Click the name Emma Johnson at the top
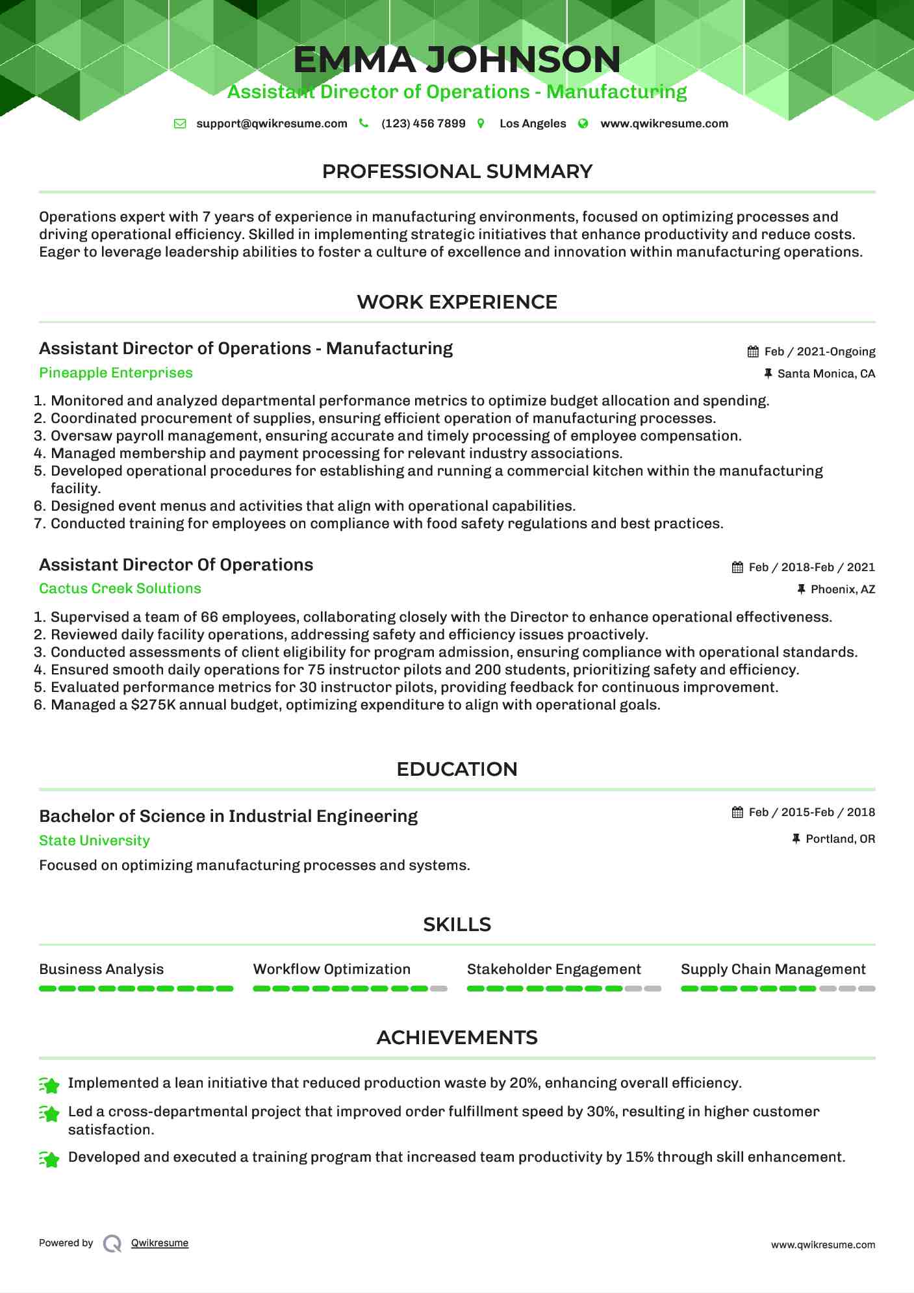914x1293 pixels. pyautogui.click(x=457, y=60)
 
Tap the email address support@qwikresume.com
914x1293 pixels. pyautogui.click(x=272, y=123)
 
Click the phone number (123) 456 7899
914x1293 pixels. pyautogui.click(x=423, y=123)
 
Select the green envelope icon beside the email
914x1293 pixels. pyautogui.click(x=180, y=123)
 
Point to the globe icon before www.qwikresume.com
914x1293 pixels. pyautogui.click(x=583, y=123)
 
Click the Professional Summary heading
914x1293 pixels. pyautogui.click(x=457, y=172)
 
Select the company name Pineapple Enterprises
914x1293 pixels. pyautogui.click(x=116, y=373)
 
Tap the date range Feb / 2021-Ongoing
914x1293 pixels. pyautogui.click(x=819, y=352)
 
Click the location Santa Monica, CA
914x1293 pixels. pyautogui.click(x=826, y=374)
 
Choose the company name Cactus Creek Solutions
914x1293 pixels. pyautogui.click(x=120, y=589)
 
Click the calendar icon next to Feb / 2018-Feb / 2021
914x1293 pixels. pyautogui.click(x=737, y=567)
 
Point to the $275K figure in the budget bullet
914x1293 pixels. pyautogui.click(x=153, y=705)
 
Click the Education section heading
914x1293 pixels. pyautogui.click(x=457, y=769)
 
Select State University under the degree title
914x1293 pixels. pyautogui.click(x=94, y=841)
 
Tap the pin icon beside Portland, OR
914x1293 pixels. pyautogui.click(x=796, y=839)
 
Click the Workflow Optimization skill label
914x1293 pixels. pyautogui.click(x=331, y=969)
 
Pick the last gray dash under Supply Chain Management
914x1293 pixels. pyautogui.click(x=867, y=988)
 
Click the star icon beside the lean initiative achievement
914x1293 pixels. pyautogui.click(x=49, y=1084)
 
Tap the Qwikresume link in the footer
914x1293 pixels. pyautogui.click(x=159, y=1243)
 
